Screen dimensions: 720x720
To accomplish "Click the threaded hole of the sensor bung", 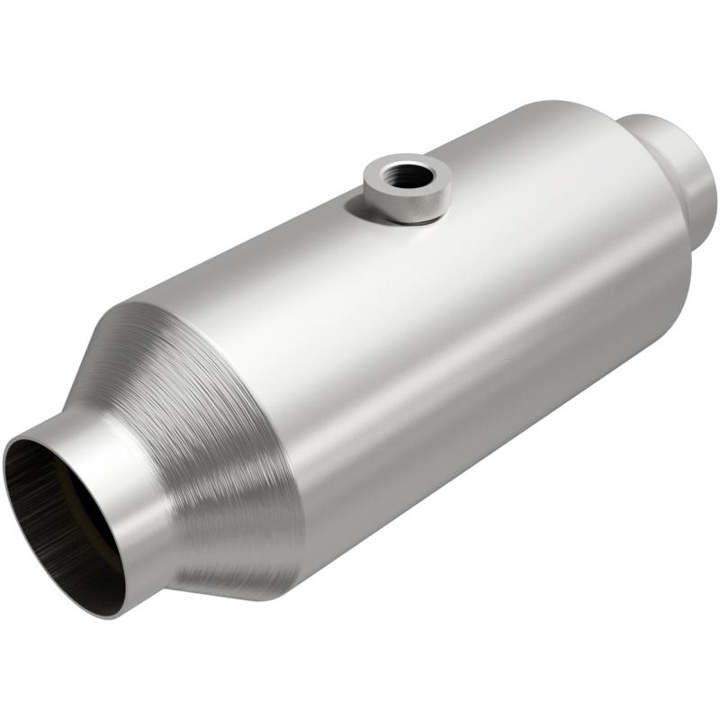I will coord(409,176).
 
